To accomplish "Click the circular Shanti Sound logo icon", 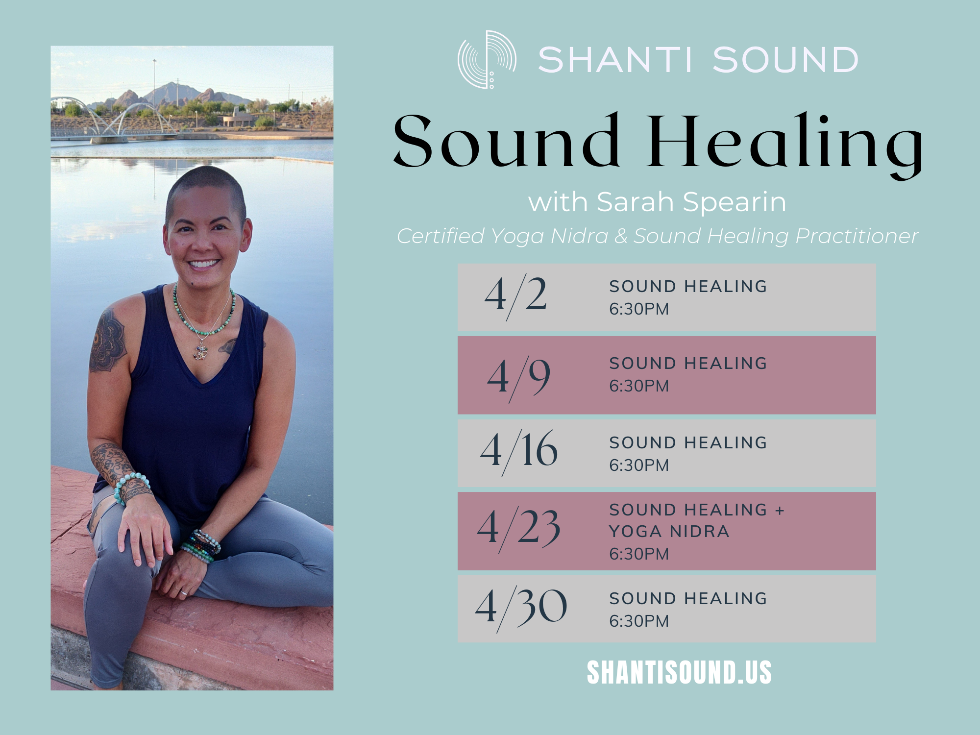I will (487, 59).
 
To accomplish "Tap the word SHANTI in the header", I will (615, 60).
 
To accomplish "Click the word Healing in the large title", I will (784, 142).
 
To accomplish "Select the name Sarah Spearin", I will (691, 202).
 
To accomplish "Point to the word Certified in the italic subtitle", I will (441, 236).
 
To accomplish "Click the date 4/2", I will (515, 295).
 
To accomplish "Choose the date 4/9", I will (518, 377).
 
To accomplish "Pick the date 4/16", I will (519, 451).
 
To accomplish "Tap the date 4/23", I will (518, 529).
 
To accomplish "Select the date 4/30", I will (521, 608).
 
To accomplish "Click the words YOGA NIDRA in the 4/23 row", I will (669, 532).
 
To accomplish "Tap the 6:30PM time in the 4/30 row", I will (639, 621).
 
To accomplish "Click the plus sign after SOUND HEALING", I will (780, 511).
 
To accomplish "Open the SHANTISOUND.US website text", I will (679, 672).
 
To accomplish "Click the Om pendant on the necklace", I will (201, 352).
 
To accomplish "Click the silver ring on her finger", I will (184, 592).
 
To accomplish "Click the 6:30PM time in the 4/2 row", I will (639, 309).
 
